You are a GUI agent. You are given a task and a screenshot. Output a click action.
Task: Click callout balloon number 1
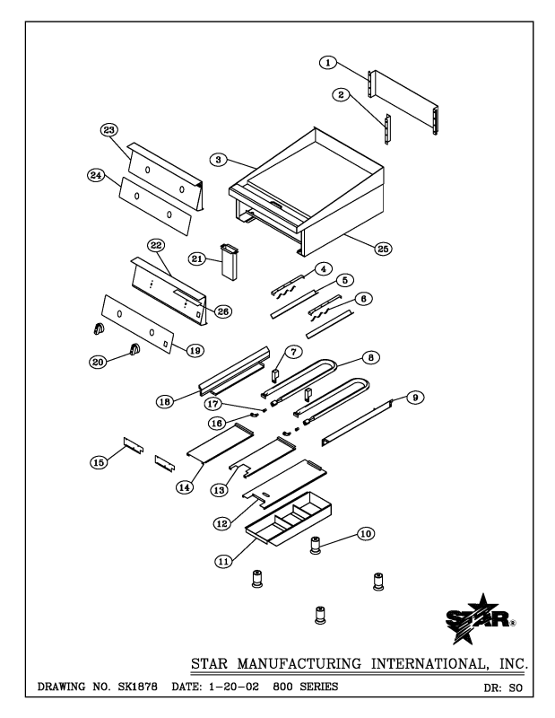pyautogui.click(x=328, y=62)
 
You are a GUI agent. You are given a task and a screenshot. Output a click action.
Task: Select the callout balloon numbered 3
pyautogui.click(x=218, y=159)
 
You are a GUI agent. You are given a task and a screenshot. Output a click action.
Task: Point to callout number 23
pyautogui.click(x=109, y=130)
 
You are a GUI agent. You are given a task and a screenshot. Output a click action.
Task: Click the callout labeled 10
pyautogui.click(x=365, y=533)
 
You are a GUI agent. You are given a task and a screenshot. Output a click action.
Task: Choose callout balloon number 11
pyautogui.click(x=224, y=560)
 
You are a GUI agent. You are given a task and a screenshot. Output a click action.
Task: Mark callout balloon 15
pyautogui.click(x=100, y=461)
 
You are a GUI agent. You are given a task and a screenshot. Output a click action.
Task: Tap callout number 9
pyautogui.click(x=416, y=397)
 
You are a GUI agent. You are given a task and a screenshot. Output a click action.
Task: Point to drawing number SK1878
pyautogui.click(x=120, y=687)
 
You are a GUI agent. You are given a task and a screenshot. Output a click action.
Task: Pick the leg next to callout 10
pyautogui.click(x=316, y=545)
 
